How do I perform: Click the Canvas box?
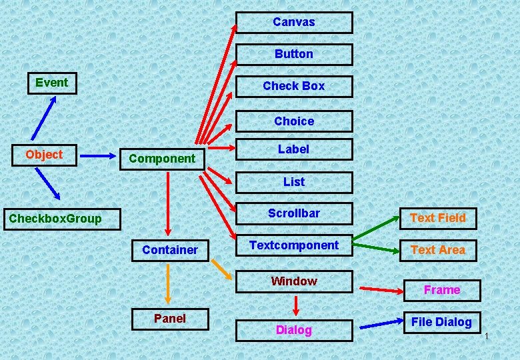294,22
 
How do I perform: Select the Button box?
294,54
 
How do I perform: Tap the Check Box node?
294,86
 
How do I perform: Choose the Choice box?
294,121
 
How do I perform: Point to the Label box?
294,149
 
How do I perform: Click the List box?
294,181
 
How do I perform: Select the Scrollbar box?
294,213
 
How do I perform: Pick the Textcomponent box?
294,245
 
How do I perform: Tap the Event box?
52,83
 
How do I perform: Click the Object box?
45,155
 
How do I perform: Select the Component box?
162,159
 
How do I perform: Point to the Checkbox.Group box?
55,218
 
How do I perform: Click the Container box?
170,250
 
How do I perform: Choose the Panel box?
170,319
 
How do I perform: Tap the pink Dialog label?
294,330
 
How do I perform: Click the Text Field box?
438,218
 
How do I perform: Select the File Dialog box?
441,322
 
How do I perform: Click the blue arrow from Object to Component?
97,156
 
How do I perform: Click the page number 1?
487,335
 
